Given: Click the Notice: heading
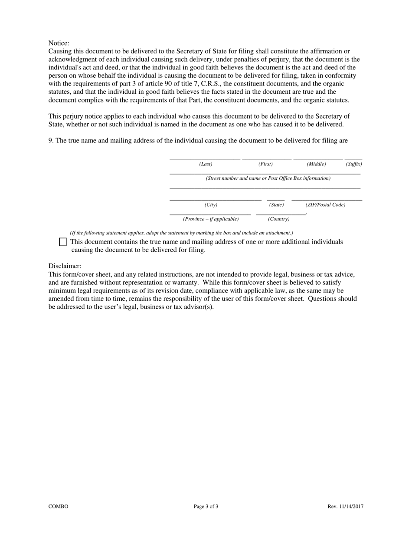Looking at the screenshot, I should click(x=59, y=43).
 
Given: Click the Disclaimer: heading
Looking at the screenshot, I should click(x=65, y=266).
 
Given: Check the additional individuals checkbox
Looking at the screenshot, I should click(x=63, y=242).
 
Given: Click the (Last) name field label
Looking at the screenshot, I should click(x=206, y=164).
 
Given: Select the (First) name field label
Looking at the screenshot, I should click(x=265, y=164).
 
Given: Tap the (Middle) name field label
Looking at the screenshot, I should click(x=316, y=164).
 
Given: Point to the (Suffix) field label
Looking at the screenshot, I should click(x=353, y=164).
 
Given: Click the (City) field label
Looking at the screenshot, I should click(x=211, y=205).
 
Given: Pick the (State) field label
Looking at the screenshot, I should click(x=276, y=205).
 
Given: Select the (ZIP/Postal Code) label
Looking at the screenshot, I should click(x=325, y=205).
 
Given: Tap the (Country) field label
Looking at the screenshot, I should click(x=278, y=219).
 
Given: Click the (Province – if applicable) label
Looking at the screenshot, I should click(x=211, y=219).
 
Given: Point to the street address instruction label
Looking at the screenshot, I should click(x=268, y=178).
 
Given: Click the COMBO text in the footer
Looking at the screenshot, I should click(x=58, y=506).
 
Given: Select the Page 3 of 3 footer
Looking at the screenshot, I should click(x=206, y=506).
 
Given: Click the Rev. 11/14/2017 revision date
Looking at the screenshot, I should click(x=345, y=506).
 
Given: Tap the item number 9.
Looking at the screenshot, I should click(x=51, y=141).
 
